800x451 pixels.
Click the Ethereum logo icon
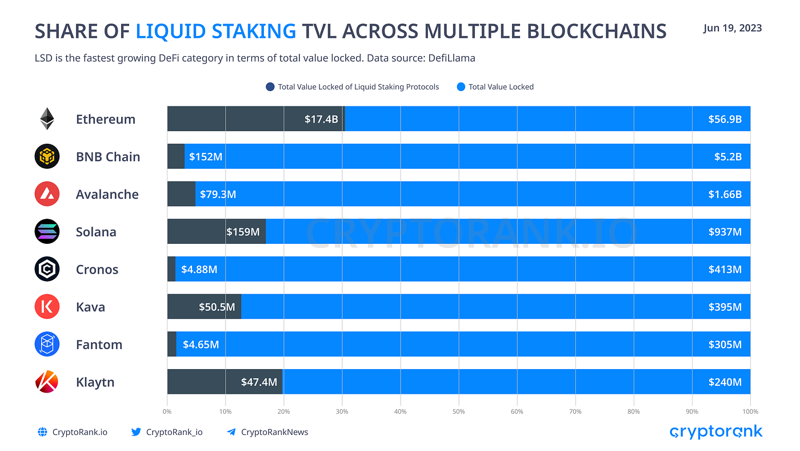47,119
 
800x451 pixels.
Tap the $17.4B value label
321,119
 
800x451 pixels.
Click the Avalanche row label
107,195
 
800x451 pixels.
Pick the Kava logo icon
47,307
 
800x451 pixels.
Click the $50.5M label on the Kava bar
217,307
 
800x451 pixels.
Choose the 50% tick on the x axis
459,412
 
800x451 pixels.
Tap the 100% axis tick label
750,412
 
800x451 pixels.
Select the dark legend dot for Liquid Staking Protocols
270,87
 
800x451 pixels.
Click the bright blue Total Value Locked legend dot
461,87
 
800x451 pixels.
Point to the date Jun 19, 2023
732,28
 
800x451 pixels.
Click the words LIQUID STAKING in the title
216,31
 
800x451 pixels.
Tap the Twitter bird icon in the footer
135,432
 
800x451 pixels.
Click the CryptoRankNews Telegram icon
231,432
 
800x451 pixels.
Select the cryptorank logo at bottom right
715,432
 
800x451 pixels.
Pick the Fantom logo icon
47,345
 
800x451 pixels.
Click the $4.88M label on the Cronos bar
199,269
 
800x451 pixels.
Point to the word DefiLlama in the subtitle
455,58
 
